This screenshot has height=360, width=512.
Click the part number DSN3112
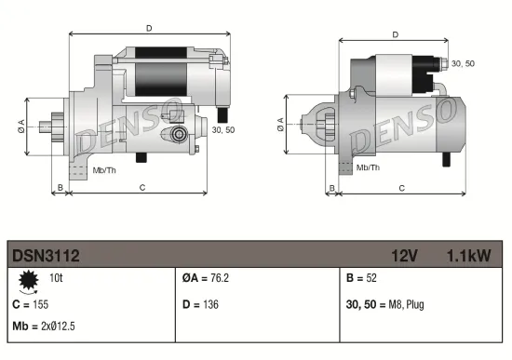point(46,253)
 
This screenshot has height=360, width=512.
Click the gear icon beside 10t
point(27,280)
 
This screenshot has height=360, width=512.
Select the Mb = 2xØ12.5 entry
point(44,327)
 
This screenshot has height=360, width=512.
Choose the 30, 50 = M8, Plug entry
point(384,303)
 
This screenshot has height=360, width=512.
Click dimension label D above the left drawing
point(150,28)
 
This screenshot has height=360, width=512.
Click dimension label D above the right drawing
point(395,34)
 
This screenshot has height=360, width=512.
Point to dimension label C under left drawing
point(141,187)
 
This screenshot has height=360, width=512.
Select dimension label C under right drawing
point(400,187)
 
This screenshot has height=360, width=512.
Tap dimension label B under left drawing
point(60,187)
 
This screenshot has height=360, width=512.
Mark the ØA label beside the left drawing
point(20,127)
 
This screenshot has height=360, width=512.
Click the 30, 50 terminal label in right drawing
point(462,62)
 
